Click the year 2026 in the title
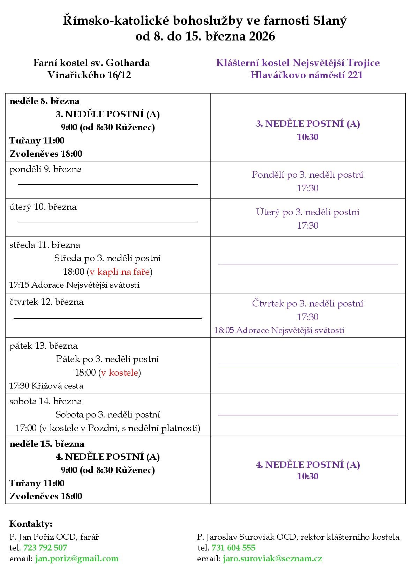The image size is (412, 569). [x=262, y=36]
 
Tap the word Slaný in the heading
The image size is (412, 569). [x=331, y=21]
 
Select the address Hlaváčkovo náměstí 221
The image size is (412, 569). [x=306, y=75]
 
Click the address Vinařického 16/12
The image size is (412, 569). [x=89, y=75]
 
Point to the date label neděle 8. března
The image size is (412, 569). [x=44, y=101]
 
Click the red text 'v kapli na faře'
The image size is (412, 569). [x=120, y=272]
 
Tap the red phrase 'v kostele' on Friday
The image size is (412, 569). [x=119, y=372]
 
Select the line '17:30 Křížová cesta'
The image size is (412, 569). [x=46, y=386]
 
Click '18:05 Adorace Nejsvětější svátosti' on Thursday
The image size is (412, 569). [x=279, y=330]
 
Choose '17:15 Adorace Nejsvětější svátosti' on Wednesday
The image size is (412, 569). [x=74, y=285]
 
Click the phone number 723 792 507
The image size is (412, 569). [x=45, y=547]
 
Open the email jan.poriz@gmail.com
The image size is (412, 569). [x=77, y=559]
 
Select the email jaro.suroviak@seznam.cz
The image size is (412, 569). [x=272, y=559]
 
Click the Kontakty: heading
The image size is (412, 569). [x=31, y=524]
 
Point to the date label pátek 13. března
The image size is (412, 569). [x=44, y=346]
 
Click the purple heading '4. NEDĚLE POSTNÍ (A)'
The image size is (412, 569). [x=308, y=465]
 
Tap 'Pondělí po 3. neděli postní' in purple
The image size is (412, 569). [x=308, y=175]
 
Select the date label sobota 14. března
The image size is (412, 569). [x=46, y=401]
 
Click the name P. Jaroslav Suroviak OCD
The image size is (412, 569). [x=246, y=537]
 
